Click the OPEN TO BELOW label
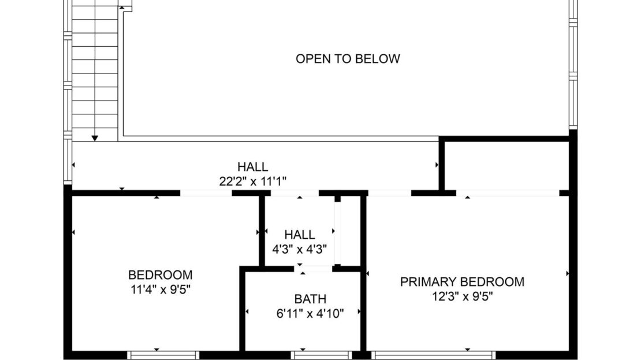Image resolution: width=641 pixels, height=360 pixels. pos(348,58)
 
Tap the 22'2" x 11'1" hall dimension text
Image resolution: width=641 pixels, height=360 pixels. pos(252,181)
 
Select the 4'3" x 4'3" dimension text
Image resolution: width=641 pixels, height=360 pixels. pos(300,250)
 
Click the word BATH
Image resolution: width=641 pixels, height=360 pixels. pos(310,299)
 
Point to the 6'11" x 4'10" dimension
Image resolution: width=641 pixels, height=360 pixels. pos(310,314)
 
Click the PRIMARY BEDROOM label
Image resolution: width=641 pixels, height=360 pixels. pos(462,282)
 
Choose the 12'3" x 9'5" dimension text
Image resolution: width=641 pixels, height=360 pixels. pos(462,296)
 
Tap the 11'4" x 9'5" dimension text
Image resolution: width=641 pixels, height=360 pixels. pos(160,290)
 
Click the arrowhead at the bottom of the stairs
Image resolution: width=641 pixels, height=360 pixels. pos(95,138)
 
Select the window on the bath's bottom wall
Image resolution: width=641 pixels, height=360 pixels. pos(321,355)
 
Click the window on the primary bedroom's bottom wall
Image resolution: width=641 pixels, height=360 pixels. pos(433,355)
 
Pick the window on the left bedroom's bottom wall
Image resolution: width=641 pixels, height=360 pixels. pos(163,355)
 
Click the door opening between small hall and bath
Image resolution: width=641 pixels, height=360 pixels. pos(316,269)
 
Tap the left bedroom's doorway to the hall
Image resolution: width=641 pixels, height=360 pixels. pos(206,193)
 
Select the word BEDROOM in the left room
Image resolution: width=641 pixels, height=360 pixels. pos(160,275)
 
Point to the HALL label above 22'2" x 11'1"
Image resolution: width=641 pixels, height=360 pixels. pos(252,167)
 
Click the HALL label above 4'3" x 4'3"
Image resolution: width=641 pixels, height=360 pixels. pos(300,235)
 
